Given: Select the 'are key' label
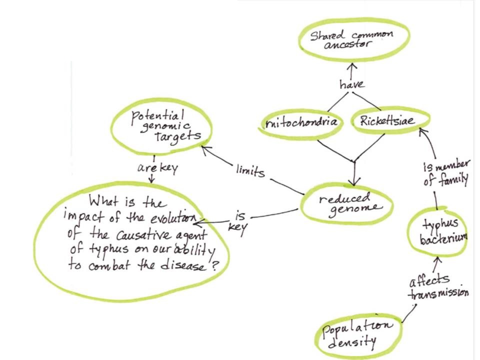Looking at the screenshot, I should point(154,167).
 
